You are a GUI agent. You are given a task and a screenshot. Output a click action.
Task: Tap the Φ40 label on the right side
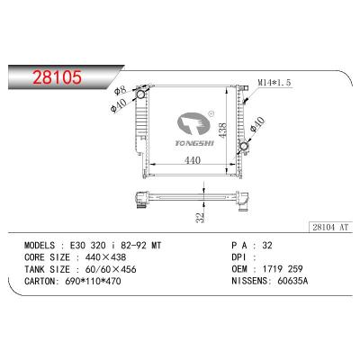pyautogui.click(x=260, y=127)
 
